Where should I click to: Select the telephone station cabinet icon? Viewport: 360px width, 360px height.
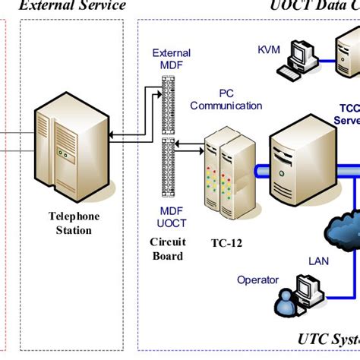click(69, 152)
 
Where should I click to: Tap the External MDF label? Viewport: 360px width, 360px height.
click(172, 59)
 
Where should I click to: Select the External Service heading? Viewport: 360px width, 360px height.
click(72, 6)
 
